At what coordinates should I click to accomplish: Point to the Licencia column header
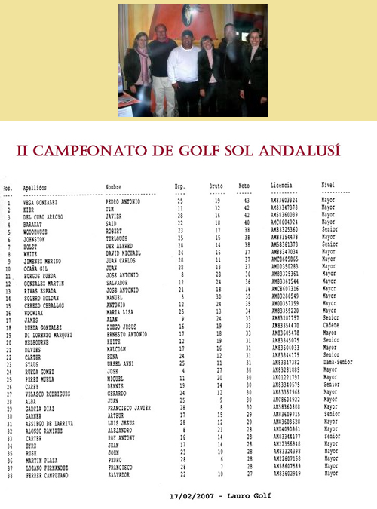(x=280, y=185)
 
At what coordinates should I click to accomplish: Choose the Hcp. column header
(x=179, y=186)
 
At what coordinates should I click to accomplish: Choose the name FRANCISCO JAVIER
(x=126, y=406)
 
